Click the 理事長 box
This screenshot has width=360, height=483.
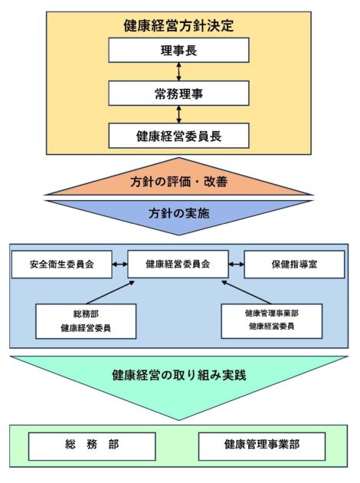click(x=178, y=50)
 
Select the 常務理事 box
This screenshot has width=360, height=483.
click(x=178, y=94)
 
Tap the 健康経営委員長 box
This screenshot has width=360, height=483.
click(x=178, y=136)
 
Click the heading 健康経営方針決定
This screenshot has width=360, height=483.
click(x=178, y=25)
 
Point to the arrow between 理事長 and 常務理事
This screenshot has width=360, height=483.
click(x=178, y=72)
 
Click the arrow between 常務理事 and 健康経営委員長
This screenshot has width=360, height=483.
click(x=178, y=114)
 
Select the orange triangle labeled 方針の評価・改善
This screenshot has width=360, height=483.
click(x=178, y=181)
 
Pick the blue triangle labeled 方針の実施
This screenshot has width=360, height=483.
click(x=178, y=213)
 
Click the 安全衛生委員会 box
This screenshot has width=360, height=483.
click(x=61, y=264)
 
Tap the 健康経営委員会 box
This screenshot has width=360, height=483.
click(x=178, y=264)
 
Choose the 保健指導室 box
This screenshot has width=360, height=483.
click(x=294, y=264)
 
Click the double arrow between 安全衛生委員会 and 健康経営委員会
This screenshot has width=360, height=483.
click(x=119, y=264)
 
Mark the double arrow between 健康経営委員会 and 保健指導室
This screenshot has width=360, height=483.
click(x=237, y=264)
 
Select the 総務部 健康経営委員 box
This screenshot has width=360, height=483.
click(x=86, y=321)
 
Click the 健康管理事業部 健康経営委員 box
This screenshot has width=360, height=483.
click(x=272, y=321)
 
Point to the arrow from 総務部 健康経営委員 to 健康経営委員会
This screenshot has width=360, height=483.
click(x=110, y=292)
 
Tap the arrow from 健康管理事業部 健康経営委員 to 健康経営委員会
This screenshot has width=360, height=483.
click(x=247, y=292)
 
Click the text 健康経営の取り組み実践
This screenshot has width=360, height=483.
click(x=178, y=375)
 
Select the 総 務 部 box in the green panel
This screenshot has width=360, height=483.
click(x=92, y=446)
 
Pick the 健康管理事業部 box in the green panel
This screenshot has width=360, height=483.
click(x=262, y=446)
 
